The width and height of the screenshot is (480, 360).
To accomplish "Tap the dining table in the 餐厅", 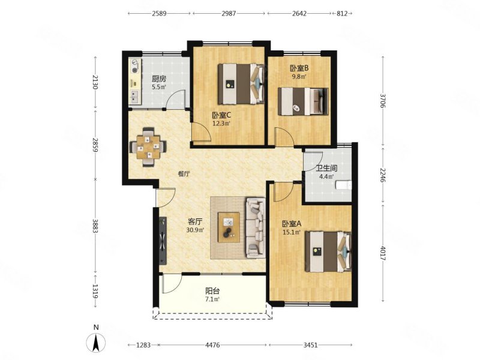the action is (148, 147).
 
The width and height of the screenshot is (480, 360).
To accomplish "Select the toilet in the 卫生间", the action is (343, 185).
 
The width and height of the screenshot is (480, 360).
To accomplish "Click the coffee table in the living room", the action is (229, 227).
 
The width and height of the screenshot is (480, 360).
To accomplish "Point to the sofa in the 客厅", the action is (256, 227).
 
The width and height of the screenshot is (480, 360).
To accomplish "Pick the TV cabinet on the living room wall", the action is (163, 241).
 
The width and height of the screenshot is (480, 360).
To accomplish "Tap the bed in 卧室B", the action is (303, 101).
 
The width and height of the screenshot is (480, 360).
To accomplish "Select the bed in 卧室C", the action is (241, 83).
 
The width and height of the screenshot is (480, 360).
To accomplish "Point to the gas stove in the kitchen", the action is (134, 67).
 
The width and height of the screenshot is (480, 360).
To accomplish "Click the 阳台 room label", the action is (212, 291).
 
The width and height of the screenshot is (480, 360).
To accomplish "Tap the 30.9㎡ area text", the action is (196, 229).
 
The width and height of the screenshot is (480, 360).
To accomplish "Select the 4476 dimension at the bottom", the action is (212, 345).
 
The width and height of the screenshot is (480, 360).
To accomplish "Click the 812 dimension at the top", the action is (342, 13).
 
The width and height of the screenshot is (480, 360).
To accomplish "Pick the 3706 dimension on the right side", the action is (382, 100).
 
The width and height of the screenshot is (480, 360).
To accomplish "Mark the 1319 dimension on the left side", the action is (95, 292).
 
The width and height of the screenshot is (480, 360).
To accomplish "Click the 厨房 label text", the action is (159, 79).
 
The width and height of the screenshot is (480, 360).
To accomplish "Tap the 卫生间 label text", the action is (326, 168).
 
